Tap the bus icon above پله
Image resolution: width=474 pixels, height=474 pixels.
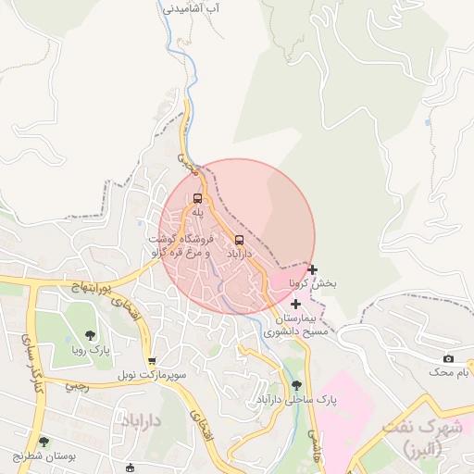click(x=197, y=198)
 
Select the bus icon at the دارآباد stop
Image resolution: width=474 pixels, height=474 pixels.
click(x=240, y=240)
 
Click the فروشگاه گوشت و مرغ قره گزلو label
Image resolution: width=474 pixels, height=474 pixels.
click(x=181, y=245)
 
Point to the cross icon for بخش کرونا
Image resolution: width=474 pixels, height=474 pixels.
click(x=313, y=270)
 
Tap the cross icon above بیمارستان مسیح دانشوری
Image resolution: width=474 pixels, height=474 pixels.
click(x=295, y=304)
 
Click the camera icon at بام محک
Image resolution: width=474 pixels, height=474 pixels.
click(x=449, y=358)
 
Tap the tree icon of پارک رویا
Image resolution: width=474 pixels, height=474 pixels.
click(x=90, y=336)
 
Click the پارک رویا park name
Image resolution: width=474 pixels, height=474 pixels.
click(x=91, y=351)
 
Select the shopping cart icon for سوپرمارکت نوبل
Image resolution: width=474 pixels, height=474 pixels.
click(x=152, y=361)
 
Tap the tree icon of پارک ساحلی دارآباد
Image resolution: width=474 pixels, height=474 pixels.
click(x=296, y=385)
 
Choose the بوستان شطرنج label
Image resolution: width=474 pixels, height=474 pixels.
click(x=44, y=456)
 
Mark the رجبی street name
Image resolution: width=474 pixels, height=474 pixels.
click(x=78, y=388)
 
